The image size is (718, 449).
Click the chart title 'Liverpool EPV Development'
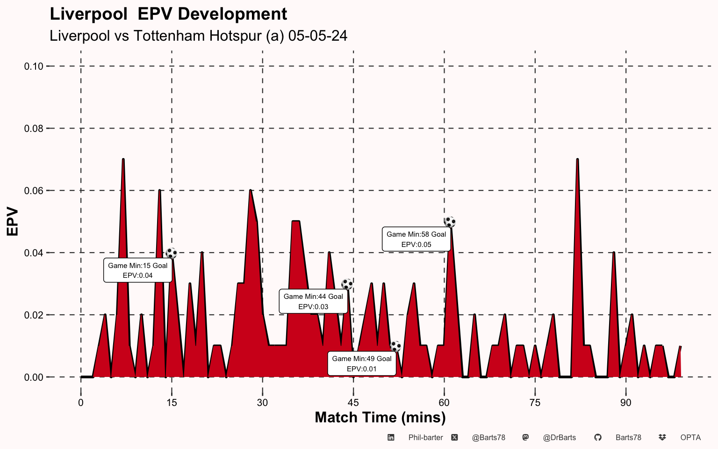click(168, 14)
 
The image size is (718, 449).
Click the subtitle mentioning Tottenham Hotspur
click(198, 36)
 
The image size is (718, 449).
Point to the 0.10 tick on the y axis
click(34, 66)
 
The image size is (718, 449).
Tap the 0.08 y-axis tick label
click(34, 129)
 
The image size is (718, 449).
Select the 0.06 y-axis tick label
click(34, 191)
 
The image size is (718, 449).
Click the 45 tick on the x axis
click(353, 403)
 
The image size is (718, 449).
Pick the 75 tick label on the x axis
click(535, 403)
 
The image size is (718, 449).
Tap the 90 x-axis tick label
click(625, 403)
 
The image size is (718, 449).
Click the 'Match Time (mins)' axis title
click(380, 417)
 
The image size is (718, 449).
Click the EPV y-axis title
click(13, 222)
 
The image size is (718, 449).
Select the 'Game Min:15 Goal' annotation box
click(137, 270)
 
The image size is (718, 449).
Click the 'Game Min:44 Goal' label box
click(313, 302)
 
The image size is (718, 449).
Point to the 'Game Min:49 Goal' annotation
click(362, 364)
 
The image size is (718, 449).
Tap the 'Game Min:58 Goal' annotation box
click(416, 239)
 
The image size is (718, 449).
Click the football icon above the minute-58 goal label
click(450, 222)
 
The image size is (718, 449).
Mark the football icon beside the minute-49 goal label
click(395, 347)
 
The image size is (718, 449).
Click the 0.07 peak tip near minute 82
click(578, 160)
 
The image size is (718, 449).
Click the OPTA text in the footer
click(690, 438)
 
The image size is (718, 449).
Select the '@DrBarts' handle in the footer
click(559, 438)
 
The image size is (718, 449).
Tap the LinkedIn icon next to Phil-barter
click(391, 438)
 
